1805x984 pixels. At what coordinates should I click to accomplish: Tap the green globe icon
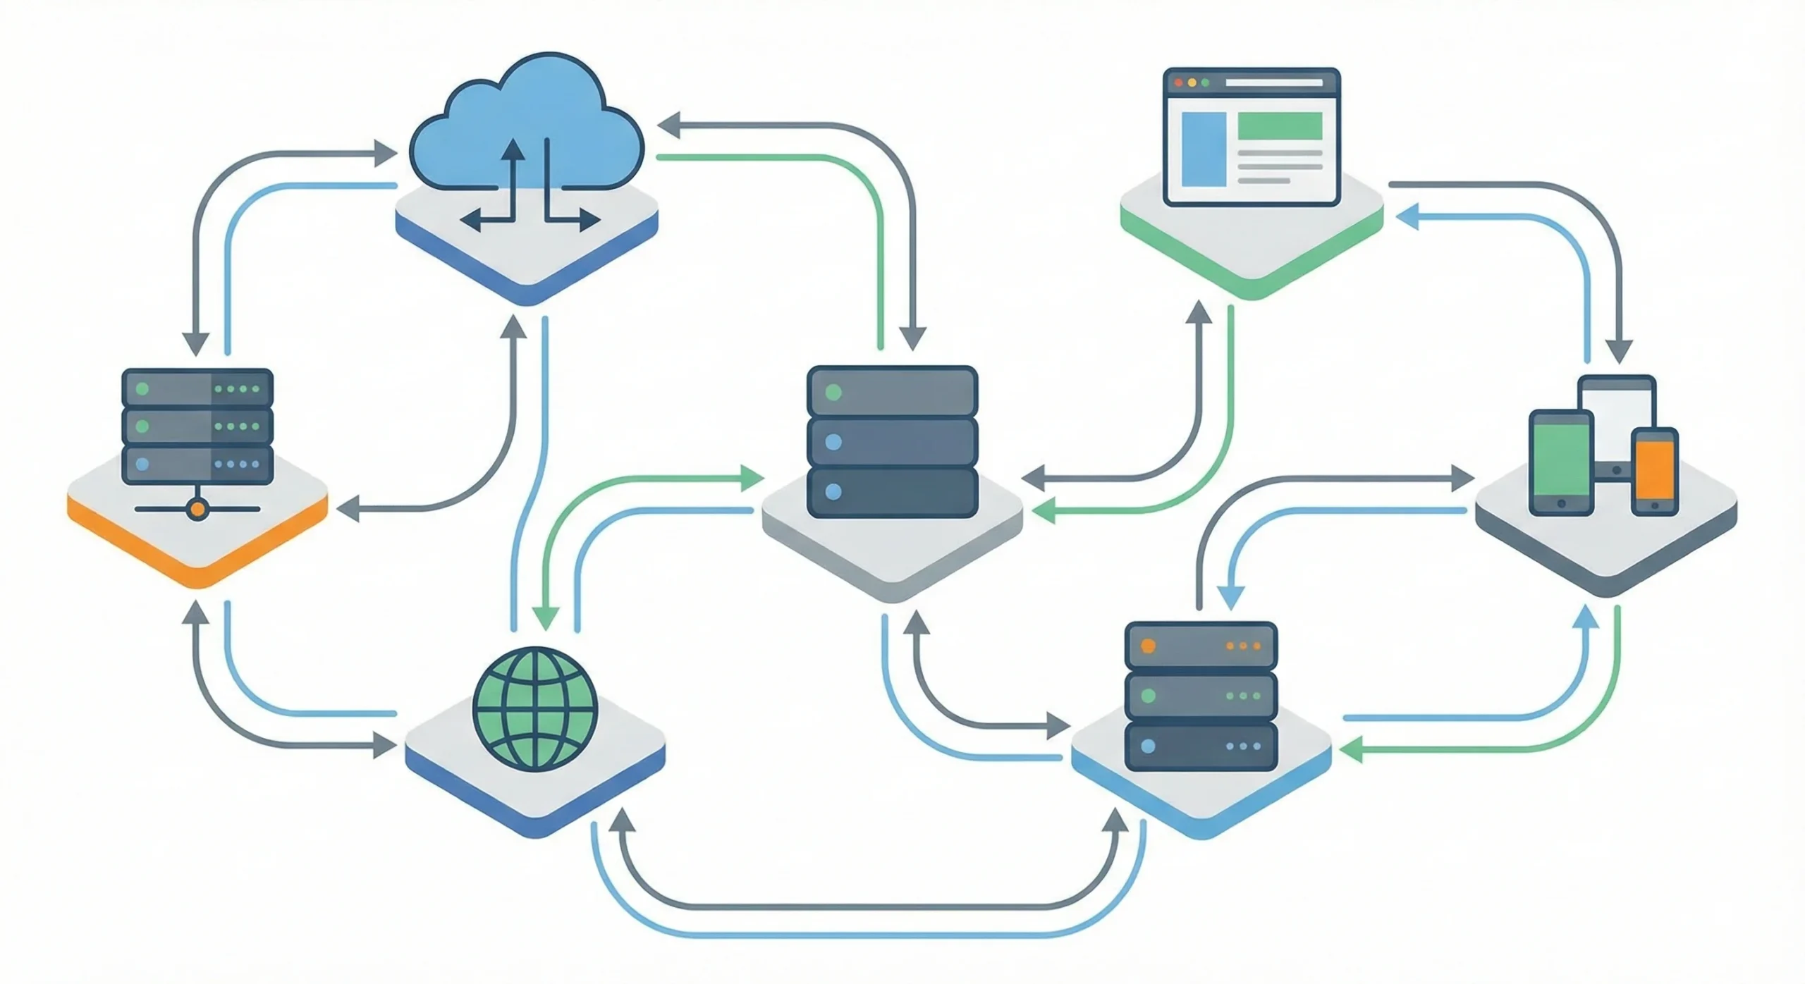(536, 708)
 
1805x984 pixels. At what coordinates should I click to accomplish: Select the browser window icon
(1251, 137)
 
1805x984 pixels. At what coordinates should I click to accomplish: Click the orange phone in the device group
(1654, 471)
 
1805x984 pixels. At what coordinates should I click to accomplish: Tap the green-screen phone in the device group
(1561, 462)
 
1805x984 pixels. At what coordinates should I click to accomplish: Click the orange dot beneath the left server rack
(198, 509)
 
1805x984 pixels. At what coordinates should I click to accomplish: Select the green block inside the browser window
(1279, 126)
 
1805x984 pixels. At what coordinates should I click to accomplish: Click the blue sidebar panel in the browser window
(1203, 149)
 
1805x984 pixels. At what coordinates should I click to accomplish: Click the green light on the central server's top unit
(833, 393)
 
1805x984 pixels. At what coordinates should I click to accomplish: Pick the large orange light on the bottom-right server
(1148, 646)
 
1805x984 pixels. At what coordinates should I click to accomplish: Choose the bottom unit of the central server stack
(892, 492)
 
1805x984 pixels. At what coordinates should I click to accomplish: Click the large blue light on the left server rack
(142, 465)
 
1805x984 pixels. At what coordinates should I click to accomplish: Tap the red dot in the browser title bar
(1178, 83)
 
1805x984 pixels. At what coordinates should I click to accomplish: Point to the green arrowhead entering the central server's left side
(754, 479)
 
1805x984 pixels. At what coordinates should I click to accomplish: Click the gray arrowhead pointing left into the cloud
(668, 125)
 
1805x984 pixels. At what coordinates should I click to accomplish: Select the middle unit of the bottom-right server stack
(1201, 696)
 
